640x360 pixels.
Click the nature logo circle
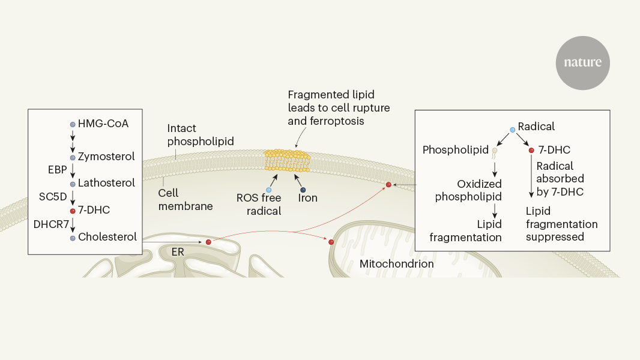point(582,62)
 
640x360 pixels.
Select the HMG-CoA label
point(103,124)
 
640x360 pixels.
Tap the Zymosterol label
point(106,156)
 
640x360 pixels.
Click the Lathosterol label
point(106,183)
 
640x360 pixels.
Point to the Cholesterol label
point(107,236)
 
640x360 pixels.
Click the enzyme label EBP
point(58,170)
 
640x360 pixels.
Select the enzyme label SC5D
point(54,196)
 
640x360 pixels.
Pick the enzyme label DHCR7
point(51,223)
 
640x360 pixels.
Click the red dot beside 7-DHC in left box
point(73,211)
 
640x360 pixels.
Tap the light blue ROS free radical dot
point(268,190)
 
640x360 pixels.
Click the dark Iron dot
point(303,190)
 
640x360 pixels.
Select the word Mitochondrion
point(396,263)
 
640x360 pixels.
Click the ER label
point(178,252)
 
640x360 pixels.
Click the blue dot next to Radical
point(512,130)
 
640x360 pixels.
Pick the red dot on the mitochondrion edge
point(331,242)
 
